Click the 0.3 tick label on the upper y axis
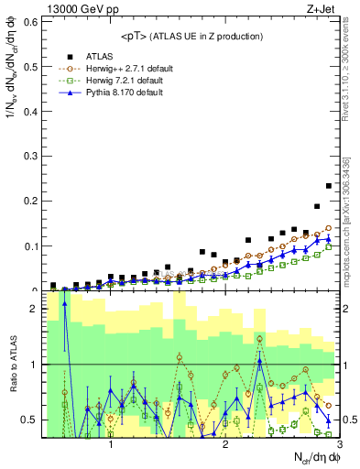coord(28,156)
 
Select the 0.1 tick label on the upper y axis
coord(28,246)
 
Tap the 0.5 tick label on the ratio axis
coord(28,420)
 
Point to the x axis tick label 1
coord(111,444)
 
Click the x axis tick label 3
coord(339,444)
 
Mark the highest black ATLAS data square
coord(329,186)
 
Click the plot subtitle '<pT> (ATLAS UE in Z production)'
coord(190,36)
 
